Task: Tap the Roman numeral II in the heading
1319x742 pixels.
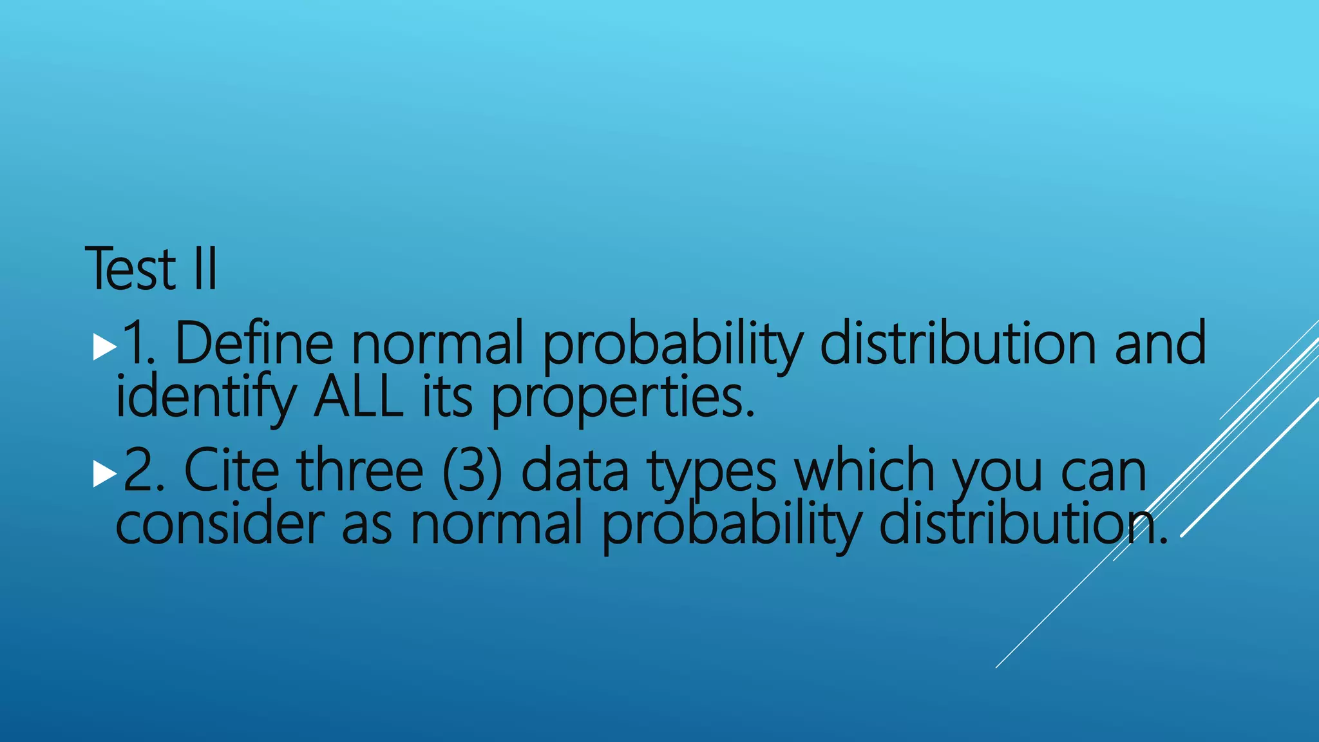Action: click(205, 269)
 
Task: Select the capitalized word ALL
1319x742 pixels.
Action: click(358, 397)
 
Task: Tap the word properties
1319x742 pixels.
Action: click(622, 397)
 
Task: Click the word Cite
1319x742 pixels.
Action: click(231, 471)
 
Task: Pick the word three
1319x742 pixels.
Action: click(360, 471)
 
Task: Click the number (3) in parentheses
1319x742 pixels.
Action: click(472, 471)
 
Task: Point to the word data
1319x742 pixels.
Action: click(574, 471)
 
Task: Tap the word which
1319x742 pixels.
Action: click(864, 471)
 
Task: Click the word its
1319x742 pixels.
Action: click(448, 397)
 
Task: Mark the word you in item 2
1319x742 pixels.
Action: click(997, 473)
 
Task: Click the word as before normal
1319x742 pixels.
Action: click(366, 525)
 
